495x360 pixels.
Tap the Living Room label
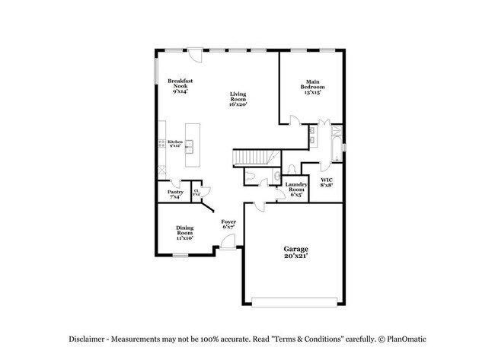point(238,99)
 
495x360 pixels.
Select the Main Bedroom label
point(312,86)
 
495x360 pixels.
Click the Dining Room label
point(184,233)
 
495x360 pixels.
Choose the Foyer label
point(228,224)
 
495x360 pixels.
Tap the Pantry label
point(174,195)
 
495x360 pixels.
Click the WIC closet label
point(326,182)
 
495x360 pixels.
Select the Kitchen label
point(175,144)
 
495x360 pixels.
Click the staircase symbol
point(251,157)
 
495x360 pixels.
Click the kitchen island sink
point(190,144)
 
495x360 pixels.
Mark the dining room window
point(180,255)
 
